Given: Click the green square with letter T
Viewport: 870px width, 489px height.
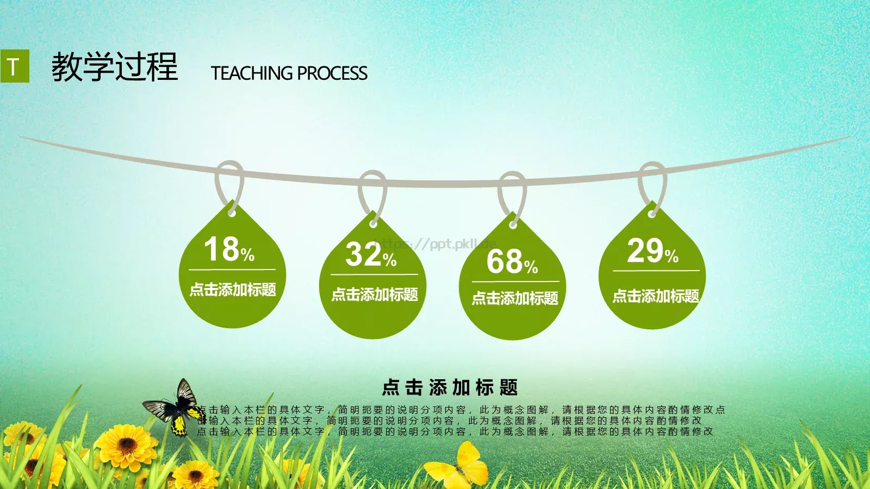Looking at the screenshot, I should point(15,66).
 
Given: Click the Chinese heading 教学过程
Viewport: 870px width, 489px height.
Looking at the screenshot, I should point(115,67).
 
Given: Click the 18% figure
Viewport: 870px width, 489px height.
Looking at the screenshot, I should point(229,249).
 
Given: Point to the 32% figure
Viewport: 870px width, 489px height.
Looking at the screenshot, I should point(371,255).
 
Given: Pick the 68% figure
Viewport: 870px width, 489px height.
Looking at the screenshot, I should point(512,262).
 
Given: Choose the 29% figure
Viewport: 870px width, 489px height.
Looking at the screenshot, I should point(652,252).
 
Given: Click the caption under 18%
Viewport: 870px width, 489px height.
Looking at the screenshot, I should point(233,290).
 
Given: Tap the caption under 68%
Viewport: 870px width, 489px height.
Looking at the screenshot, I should point(515,298).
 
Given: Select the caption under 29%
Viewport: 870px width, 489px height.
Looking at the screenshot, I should point(656,296).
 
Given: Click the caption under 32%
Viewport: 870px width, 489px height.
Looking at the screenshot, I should point(375,294).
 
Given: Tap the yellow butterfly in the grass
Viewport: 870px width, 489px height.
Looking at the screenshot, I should point(459,466).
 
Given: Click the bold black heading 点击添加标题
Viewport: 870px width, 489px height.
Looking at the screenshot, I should point(450,387).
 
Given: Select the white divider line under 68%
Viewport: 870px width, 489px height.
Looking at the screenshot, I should point(515,281).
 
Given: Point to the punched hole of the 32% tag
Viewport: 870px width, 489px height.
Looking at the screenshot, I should point(374,223).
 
